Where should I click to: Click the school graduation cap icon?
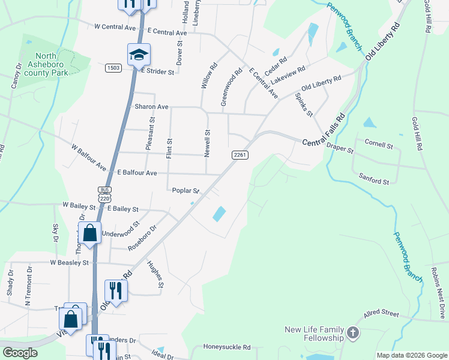(x=139, y=55)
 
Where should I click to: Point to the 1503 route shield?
(x=113, y=67)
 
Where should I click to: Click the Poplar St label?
(x=185, y=191)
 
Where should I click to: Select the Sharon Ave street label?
(x=151, y=107)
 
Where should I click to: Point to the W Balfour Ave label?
(x=88, y=157)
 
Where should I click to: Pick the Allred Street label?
(x=381, y=314)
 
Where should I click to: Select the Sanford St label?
(x=374, y=179)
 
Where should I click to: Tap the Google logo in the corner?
(x=20, y=352)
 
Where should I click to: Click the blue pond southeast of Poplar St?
(x=219, y=214)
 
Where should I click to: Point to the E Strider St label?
(x=158, y=71)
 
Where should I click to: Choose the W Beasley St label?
(x=69, y=263)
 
